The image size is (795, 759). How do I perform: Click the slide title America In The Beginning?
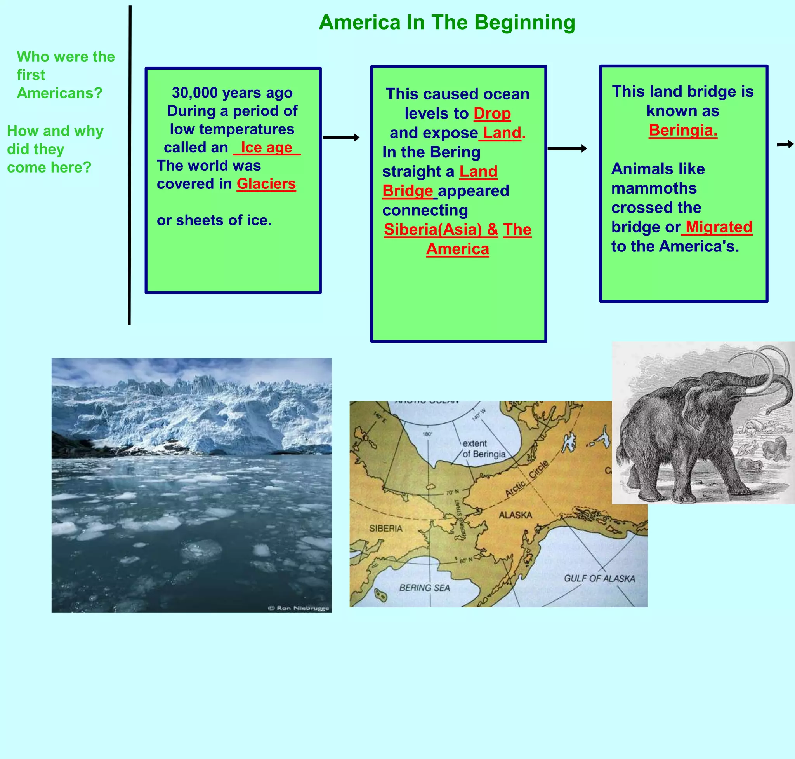(447, 22)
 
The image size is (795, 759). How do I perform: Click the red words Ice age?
(266, 148)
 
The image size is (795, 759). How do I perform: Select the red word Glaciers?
(266, 184)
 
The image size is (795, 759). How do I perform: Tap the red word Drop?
(492, 114)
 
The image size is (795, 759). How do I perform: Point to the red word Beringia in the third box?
(683, 130)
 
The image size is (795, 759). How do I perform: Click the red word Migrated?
(719, 227)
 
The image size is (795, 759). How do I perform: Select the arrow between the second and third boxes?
(567, 148)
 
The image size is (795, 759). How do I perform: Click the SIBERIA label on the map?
(385, 529)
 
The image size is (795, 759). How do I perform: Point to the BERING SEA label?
(424, 588)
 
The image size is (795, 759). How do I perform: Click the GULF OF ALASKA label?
(599, 579)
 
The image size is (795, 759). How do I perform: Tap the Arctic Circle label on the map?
(527, 479)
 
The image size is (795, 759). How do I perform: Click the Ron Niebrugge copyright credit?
(299, 608)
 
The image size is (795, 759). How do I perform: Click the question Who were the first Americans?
(66, 75)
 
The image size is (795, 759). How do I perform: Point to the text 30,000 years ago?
(232, 92)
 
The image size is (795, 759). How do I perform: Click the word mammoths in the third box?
(654, 188)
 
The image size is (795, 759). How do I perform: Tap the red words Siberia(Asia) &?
(441, 230)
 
